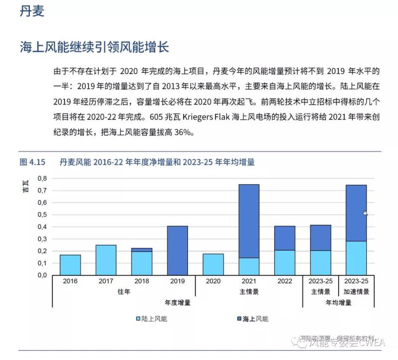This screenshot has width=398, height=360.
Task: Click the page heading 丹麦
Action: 32,11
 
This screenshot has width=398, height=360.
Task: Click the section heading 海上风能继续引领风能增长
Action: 95,48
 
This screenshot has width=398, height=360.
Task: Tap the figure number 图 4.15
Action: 32,162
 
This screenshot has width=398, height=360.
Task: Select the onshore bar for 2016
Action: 70,265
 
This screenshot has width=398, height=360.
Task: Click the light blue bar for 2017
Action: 105,260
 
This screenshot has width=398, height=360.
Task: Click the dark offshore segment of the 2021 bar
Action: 249,221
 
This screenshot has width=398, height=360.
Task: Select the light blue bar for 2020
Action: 213,265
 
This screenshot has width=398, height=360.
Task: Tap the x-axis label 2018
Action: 141,281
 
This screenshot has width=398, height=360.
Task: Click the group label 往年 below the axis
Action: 123,292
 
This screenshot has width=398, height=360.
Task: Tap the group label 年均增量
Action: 338,302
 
